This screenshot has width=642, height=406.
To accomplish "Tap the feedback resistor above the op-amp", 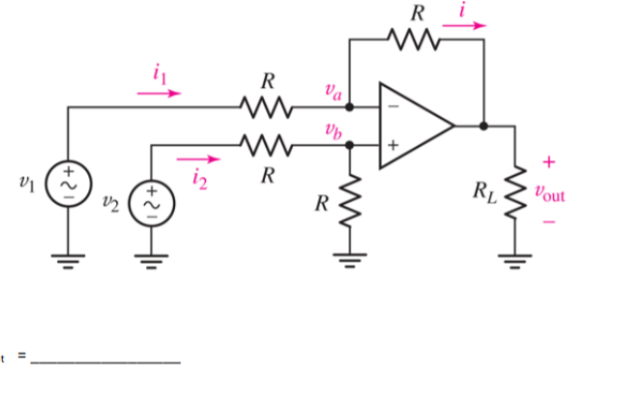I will pos(414,41).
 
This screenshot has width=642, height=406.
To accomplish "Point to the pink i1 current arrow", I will pos(159,94).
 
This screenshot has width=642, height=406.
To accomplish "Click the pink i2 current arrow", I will pos(198,159).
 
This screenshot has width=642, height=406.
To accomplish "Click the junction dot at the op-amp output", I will pos(482,125).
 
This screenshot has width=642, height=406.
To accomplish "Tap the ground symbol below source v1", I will pos(68,257).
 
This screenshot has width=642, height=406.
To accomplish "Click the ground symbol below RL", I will pos(514,257).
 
